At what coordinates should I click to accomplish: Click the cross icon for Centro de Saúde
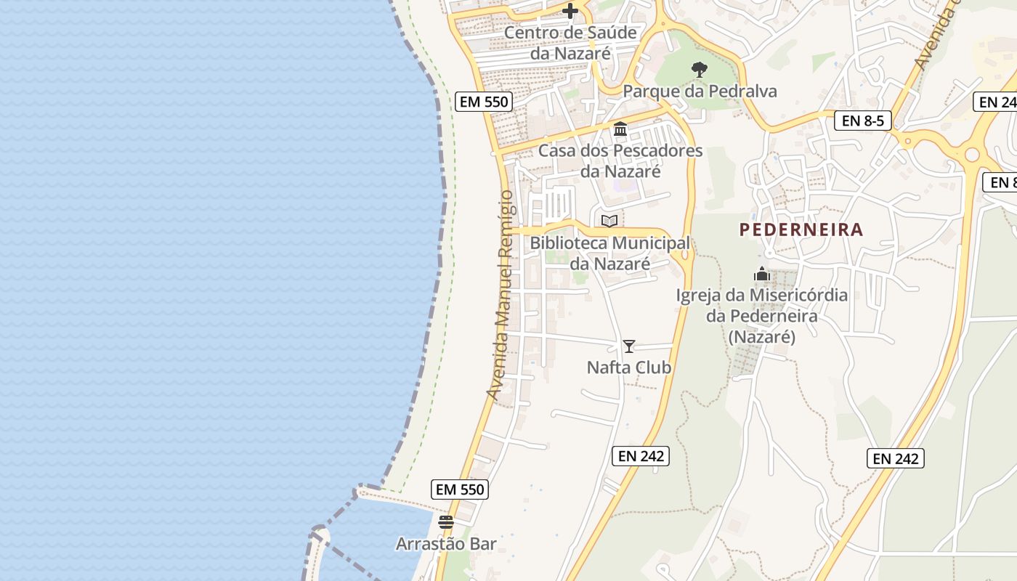pyautogui.click(x=570, y=11)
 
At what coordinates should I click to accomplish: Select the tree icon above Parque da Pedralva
pyautogui.click(x=700, y=70)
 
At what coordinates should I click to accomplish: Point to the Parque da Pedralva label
pyautogui.click(x=700, y=92)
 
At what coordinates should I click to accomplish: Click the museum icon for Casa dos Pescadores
pyautogui.click(x=620, y=129)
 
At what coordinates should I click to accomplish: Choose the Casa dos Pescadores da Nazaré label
pyautogui.click(x=620, y=161)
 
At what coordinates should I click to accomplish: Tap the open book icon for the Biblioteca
pyautogui.click(x=609, y=221)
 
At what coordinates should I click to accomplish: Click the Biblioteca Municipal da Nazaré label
pyautogui.click(x=609, y=253)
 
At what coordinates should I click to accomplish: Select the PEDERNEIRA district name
pyautogui.click(x=801, y=229)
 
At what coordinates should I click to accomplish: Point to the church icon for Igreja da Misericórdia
pyautogui.click(x=761, y=275)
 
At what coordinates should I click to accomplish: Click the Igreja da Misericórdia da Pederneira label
pyautogui.click(x=761, y=316)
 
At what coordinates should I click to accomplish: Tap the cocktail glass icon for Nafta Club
pyautogui.click(x=629, y=346)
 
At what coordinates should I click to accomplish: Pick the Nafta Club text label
pyautogui.click(x=629, y=367)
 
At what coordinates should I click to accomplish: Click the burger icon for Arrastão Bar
pyautogui.click(x=446, y=521)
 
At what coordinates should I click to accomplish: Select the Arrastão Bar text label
pyautogui.click(x=446, y=544)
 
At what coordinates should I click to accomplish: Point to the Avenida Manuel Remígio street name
pyautogui.click(x=501, y=295)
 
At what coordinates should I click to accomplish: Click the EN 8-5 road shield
pyautogui.click(x=863, y=121)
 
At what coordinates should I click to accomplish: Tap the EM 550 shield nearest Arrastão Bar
pyautogui.click(x=460, y=489)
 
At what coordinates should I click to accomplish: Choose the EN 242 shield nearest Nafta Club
pyautogui.click(x=640, y=456)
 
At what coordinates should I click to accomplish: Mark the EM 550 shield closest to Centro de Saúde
pyautogui.click(x=485, y=102)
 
